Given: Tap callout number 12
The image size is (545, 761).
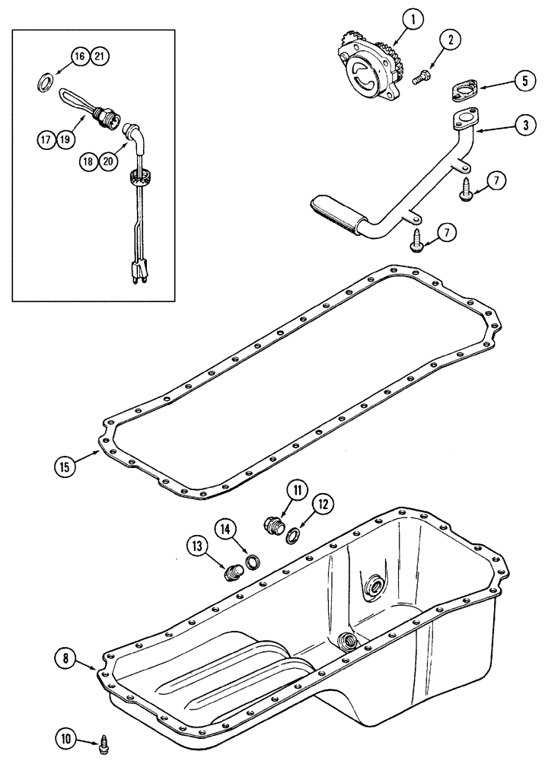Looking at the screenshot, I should pos(323,503).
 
